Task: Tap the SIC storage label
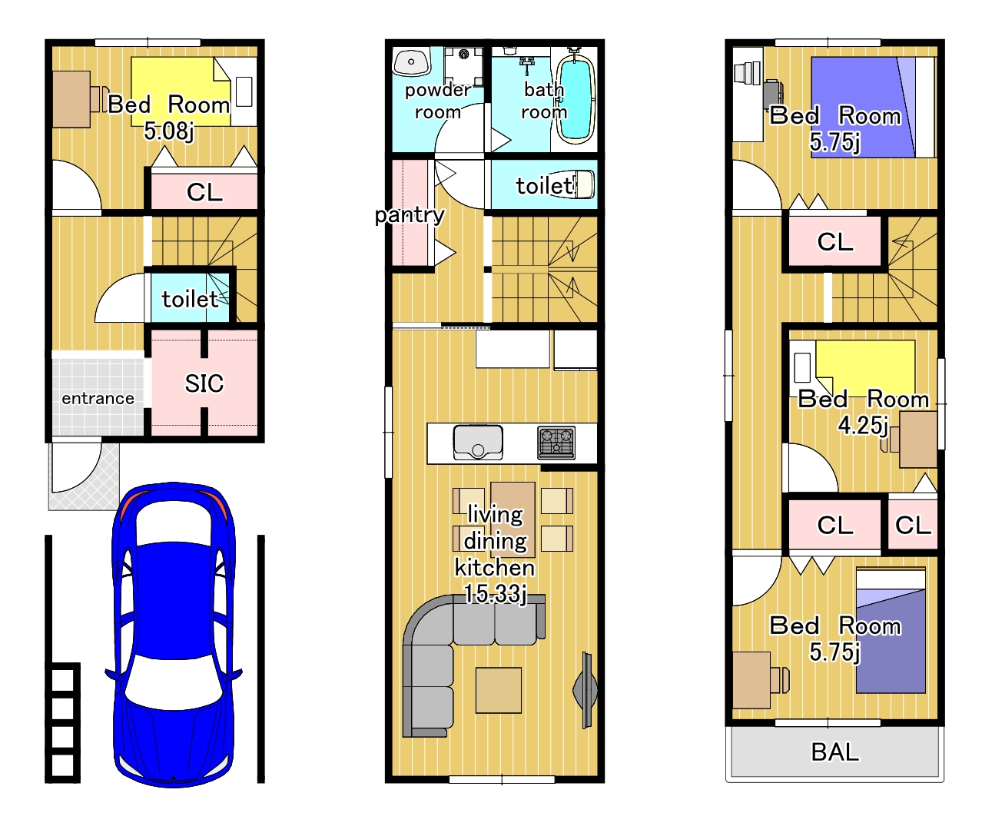[204, 383]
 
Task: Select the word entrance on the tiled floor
[98, 398]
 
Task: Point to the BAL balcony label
[835, 752]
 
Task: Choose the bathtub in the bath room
[576, 99]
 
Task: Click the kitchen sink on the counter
[478, 443]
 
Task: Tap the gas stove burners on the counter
[556, 443]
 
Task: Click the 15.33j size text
[496, 594]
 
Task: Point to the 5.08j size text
[169, 131]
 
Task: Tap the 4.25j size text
[863, 425]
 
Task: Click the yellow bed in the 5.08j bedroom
[181, 91]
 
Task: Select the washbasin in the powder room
[411, 61]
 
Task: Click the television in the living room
[586, 690]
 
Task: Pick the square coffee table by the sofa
[499, 690]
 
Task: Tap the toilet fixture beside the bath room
[585, 184]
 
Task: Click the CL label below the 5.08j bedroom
[204, 192]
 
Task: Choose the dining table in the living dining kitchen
[513, 519]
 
